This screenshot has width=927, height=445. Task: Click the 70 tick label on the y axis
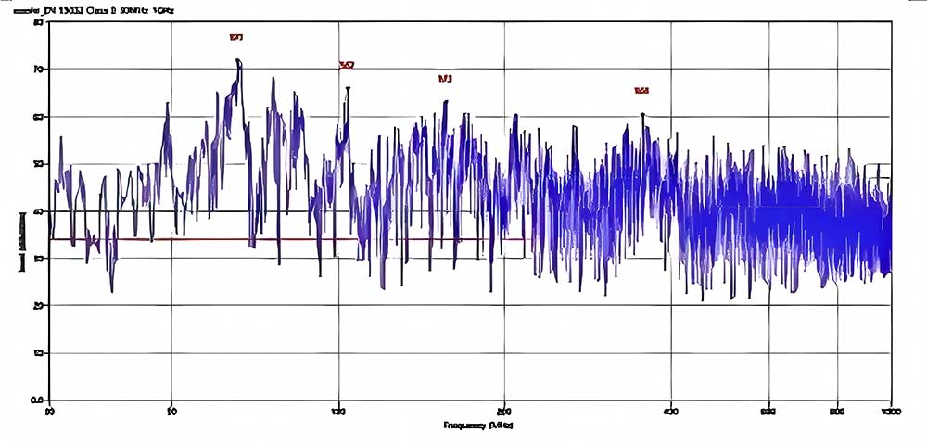39,69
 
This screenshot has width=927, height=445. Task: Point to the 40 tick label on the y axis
39,210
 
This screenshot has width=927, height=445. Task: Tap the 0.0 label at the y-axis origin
38,400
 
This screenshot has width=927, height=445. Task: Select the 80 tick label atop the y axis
39,21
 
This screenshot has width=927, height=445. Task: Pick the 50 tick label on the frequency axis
171,410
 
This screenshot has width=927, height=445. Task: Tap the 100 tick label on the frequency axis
338,410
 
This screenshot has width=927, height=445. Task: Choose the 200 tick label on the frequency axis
504,410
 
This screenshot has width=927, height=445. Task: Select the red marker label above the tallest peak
236,38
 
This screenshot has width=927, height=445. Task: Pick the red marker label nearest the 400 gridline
641,91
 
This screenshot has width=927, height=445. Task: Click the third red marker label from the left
445,79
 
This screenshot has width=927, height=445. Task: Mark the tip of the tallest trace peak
238,60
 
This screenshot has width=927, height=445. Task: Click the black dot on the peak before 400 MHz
642,115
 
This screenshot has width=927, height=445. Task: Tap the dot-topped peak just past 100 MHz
348,89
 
